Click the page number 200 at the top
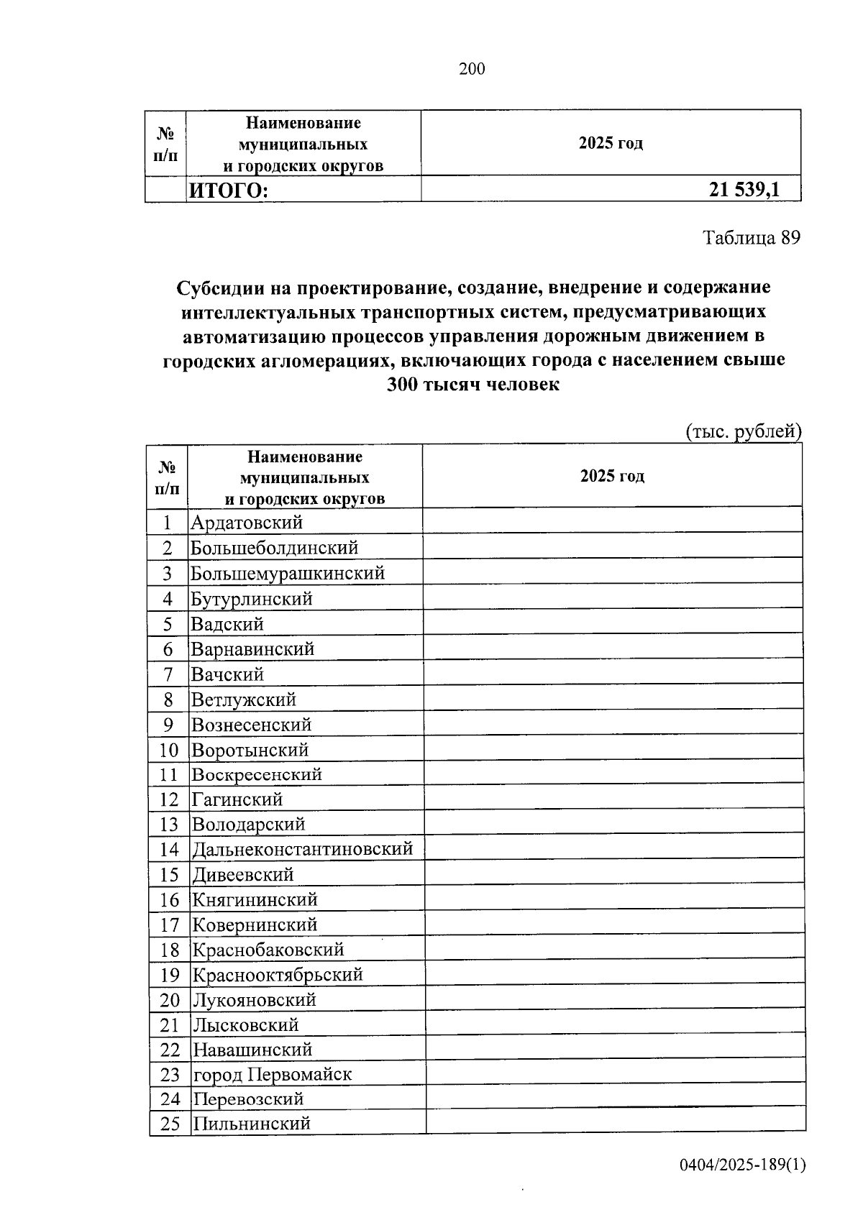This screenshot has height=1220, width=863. [472, 69]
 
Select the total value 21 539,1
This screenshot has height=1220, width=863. [744, 190]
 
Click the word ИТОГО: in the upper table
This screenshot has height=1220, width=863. [228, 191]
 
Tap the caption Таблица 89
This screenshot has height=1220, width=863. [751, 238]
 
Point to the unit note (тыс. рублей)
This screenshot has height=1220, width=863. [742, 431]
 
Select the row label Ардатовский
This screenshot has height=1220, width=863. [247, 523]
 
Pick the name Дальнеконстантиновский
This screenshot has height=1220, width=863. [302, 849]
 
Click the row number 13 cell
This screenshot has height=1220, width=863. [168, 824]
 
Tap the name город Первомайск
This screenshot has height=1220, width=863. [273, 1074]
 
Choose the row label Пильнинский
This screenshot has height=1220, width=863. [252, 1123]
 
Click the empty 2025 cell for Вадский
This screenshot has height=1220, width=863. [613, 623]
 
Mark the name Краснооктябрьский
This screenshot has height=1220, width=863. [278, 975]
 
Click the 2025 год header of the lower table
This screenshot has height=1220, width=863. [612, 476]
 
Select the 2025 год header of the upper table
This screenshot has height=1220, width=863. [611, 142]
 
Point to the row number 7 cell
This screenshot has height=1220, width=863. [168, 674]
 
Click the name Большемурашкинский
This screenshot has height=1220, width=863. [288, 573]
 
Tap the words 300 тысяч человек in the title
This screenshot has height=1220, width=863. [472, 384]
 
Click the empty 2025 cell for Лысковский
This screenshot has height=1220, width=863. [615, 1024]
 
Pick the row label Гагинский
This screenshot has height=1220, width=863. [237, 799]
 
